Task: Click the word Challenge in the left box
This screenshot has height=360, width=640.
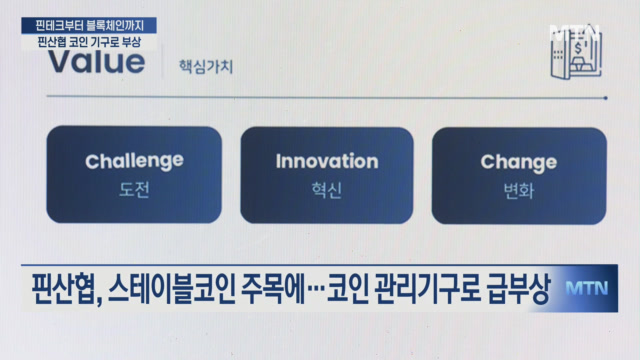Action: coord(134,162)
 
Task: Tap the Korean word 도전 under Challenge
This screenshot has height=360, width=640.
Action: coord(134,190)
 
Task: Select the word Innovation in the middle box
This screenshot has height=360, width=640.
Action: coord(327,161)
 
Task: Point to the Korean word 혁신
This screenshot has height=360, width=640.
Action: coord(327,190)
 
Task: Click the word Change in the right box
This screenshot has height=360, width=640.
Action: coord(519,162)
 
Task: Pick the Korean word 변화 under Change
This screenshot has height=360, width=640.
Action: coord(519,191)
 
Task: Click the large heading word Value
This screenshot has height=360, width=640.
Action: coord(97,62)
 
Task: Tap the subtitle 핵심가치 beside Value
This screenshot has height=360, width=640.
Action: coord(206,67)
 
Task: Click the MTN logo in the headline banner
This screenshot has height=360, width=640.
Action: coord(587,288)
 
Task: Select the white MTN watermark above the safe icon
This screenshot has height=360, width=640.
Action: coord(575,32)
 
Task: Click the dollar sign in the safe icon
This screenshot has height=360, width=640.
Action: coord(578,48)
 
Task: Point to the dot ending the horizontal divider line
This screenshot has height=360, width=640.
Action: coord(605,98)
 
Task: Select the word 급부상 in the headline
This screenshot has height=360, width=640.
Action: coord(518,289)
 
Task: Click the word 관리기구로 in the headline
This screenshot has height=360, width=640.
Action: coord(427,289)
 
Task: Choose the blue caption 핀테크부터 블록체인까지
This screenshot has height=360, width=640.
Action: coord(89,26)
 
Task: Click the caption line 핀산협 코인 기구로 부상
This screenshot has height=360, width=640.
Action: coord(89,42)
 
